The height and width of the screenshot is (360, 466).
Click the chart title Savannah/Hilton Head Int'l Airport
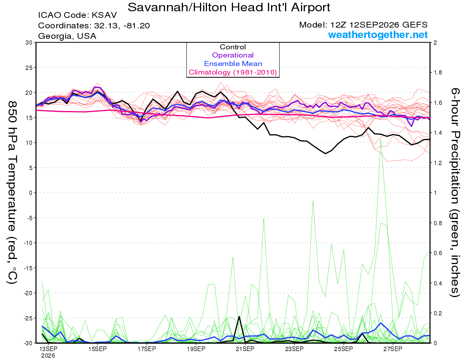tap(229, 7)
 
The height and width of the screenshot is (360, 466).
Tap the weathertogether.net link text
tap(378, 35)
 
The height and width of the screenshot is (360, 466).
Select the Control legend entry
tap(233, 47)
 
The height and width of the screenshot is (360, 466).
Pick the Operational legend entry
tap(233, 55)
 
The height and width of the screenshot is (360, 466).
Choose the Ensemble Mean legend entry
tap(233, 64)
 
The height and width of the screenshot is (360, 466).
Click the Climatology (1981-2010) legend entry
tap(233, 72)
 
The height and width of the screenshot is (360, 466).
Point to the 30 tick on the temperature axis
tap(29, 43)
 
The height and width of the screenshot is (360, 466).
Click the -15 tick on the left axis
tap(28, 268)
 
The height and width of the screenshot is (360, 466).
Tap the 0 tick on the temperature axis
tap(31, 193)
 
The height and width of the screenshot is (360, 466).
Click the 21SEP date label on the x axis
tap(245, 349)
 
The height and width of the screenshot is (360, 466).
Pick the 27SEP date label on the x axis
tap(393, 349)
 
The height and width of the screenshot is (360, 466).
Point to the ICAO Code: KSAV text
tap(77, 15)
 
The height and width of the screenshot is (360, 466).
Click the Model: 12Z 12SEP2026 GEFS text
tap(363, 25)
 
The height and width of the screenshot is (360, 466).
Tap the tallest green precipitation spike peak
tap(381, 139)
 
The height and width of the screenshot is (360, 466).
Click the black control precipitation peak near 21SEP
tap(239, 316)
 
